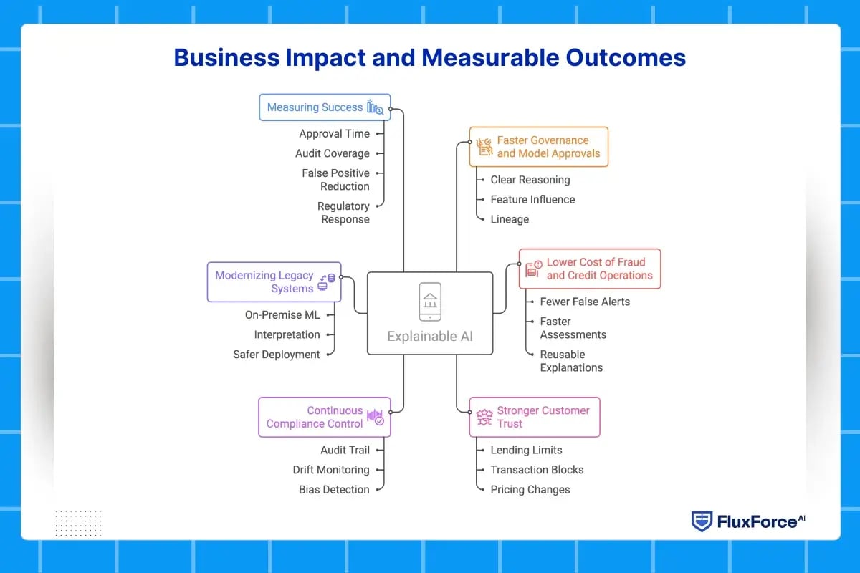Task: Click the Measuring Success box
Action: (x=325, y=107)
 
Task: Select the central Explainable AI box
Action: (x=430, y=313)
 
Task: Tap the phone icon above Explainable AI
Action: (x=430, y=302)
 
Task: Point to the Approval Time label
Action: (x=334, y=134)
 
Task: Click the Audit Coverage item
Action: (x=333, y=153)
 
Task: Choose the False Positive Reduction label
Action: (x=335, y=180)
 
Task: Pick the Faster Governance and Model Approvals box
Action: (x=539, y=147)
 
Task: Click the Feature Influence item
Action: (x=532, y=200)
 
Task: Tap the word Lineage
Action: (x=510, y=219)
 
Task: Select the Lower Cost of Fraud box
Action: (x=590, y=269)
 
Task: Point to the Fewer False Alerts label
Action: (x=585, y=302)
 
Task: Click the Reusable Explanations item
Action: (x=571, y=361)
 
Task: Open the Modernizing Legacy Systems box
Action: (x=274, y=281)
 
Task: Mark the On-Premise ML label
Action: (x=282, y=315)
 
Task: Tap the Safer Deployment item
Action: (x=277, y=355)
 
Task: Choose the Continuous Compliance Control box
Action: (x=325, y=417)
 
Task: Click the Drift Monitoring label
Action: (x=331, y=470)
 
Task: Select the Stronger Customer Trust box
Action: (x=535, y=417)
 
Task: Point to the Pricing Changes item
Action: (x=530, y=490)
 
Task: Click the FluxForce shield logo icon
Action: (x=702, y=521)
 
